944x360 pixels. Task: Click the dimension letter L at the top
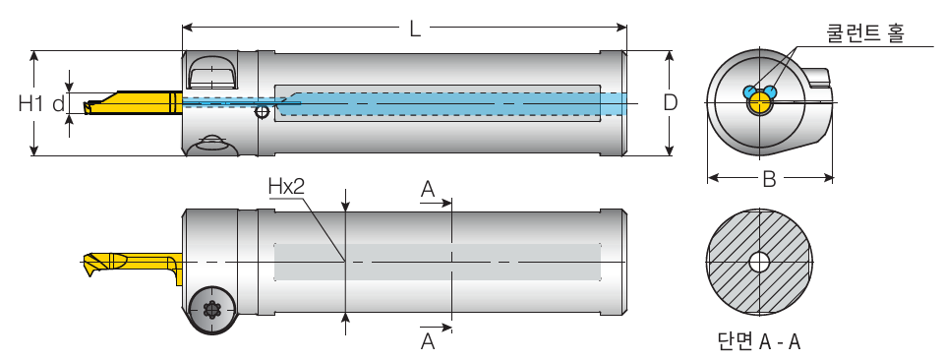[x=415, y=29]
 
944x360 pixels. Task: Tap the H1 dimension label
[x=31, y=103]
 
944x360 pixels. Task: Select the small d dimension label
[x=58, y=103]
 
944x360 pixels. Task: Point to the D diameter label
[x=670, y=103]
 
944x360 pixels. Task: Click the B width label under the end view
[x=769, y=179]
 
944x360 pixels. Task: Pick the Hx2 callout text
[x=286, y=187]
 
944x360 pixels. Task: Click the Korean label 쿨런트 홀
[x=864, y=33]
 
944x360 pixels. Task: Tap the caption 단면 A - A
[x=759, y=342]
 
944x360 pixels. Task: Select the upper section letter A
[x=428, y=190]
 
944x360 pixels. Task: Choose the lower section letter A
[x=428, y=341]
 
